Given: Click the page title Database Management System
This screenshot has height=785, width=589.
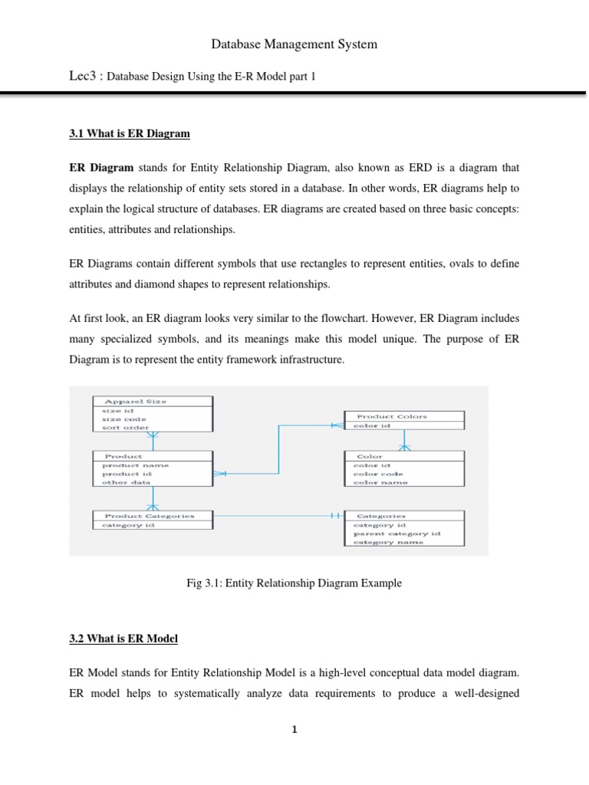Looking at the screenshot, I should tap(294, 44).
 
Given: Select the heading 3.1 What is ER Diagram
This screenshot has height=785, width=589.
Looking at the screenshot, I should tap(130, 134).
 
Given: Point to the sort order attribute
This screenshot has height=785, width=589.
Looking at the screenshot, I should tap(125, 428).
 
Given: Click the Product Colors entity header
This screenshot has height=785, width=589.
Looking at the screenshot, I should tap(392, 416).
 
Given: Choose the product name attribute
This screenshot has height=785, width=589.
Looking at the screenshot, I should tap(136, 465).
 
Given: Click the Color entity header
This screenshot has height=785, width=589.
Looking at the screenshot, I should tap(370, 456).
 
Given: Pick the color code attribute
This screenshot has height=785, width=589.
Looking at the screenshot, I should tap(377, 474).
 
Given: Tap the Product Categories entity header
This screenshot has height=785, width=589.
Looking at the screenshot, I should tap(149, 516).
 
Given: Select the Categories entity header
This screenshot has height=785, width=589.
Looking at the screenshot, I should tap(381, 516).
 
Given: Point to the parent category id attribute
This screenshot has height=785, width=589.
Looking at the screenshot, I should tap(397, 534).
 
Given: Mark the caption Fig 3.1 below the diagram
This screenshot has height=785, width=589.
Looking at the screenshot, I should tap(294, 583).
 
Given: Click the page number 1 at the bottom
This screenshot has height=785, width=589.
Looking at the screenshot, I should tap(294, 730).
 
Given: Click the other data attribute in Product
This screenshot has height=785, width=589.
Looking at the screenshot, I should tap(127, 482).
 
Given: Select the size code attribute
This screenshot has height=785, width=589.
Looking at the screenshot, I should tap(123, 419).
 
